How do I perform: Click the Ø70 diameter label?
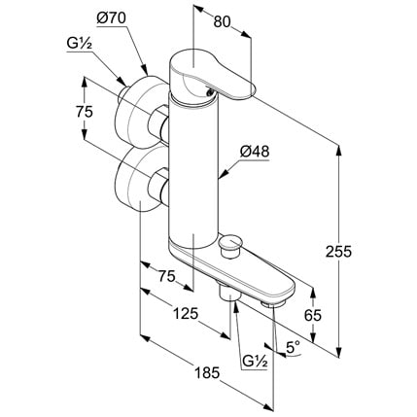click(x=111, y=19)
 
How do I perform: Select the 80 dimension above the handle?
click(x=222, y=22)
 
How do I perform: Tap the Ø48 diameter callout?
click(x=255, y=152)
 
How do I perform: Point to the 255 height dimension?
click(x=338, y=252)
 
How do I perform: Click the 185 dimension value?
click(x=207, y=373)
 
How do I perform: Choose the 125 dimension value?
click(x=186, y=314)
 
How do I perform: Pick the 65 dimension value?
click(x=313, y=315)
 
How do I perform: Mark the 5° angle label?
click(x=294, y=348)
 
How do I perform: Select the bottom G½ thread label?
click(x=256, y=362)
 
